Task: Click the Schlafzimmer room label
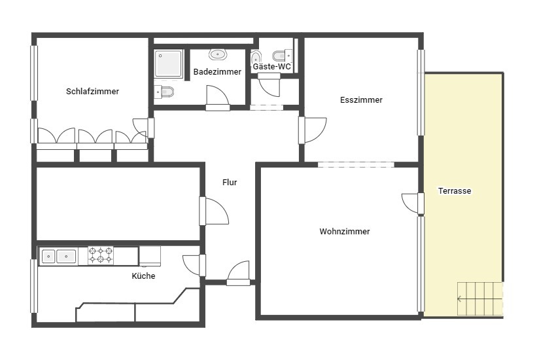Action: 92,91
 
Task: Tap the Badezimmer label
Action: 217,71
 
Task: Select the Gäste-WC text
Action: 271,66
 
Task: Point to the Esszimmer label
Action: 361,99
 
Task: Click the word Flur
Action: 230,182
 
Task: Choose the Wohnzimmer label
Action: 345,232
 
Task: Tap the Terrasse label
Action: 455,190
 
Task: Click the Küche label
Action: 143,276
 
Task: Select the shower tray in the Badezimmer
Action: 168,63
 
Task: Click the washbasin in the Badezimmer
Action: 217,54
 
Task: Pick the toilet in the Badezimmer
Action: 164,92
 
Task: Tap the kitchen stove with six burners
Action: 101,255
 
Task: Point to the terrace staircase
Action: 480,298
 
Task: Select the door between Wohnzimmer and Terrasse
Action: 413,204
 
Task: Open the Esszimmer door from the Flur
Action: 313,130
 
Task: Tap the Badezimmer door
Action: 217,98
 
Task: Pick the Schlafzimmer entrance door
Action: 143,128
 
